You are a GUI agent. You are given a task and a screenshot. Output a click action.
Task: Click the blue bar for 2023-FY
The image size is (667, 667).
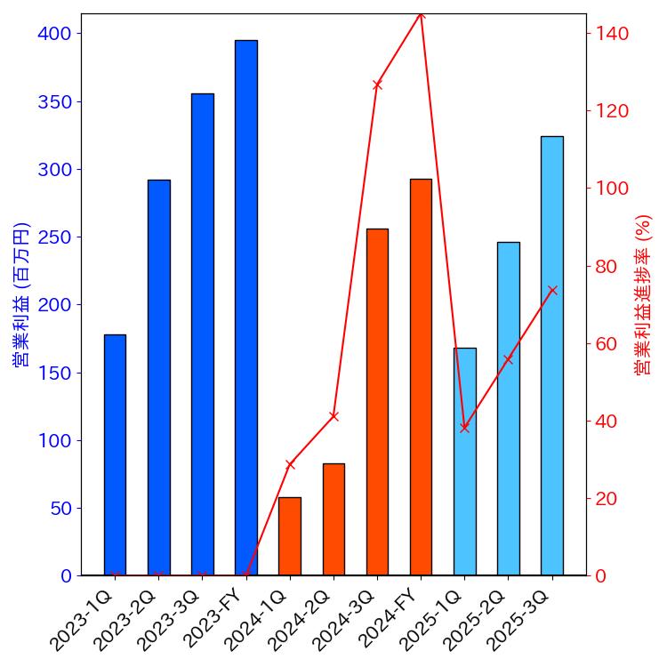pos(246,308)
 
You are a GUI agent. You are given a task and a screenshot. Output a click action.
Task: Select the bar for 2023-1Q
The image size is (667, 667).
pos(115,454)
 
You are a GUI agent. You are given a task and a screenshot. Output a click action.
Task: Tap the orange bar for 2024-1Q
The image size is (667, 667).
pos(290,536)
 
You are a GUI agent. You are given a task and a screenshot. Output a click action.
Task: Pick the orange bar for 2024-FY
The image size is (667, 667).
pos(421,377)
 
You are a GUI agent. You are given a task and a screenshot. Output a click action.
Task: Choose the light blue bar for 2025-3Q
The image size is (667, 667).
pos(551,356)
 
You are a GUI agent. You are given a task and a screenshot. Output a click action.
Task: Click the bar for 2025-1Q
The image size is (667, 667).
pos(464,462)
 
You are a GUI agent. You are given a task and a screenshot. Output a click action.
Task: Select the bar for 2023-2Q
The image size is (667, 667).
pos(158,377)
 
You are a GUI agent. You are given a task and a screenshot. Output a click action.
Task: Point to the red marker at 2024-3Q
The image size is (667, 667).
pos(377,84)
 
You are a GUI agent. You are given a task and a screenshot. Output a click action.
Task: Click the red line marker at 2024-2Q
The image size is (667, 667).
pos(333,416)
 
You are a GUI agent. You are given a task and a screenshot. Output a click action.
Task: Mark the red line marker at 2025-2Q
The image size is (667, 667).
pos(508,359)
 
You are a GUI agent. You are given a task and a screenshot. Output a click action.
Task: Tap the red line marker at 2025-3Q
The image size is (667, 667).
pos(551,290)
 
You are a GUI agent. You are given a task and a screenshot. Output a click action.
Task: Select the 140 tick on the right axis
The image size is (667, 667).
pos(613,34)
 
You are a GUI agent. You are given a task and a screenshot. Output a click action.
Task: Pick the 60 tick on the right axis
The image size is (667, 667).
pos(607,344)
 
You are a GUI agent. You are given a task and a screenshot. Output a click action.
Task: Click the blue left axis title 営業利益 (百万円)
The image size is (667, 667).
pos(21,294)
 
